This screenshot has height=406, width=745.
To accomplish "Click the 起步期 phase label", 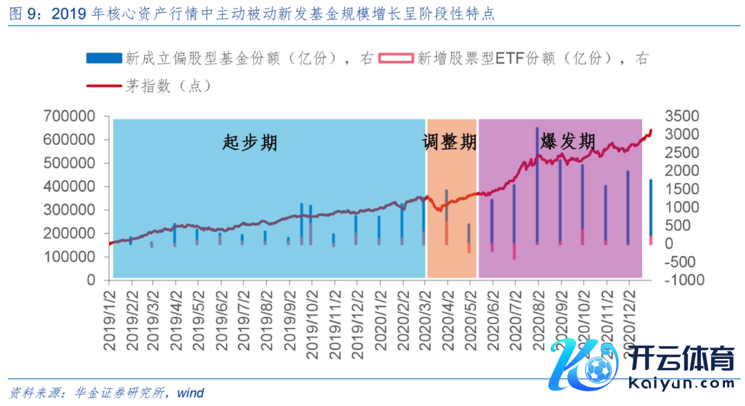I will pos(250,143).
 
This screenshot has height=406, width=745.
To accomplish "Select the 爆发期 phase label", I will pos(568,142).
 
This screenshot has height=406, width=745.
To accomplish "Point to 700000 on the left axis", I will pos(71,116).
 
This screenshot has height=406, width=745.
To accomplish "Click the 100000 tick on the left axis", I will pos(71,257).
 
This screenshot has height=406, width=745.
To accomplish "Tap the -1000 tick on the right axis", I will pos(682,280).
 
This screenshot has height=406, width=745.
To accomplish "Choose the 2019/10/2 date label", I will pos(312,321).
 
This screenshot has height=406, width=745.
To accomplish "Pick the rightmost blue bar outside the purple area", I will pos(650,207).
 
